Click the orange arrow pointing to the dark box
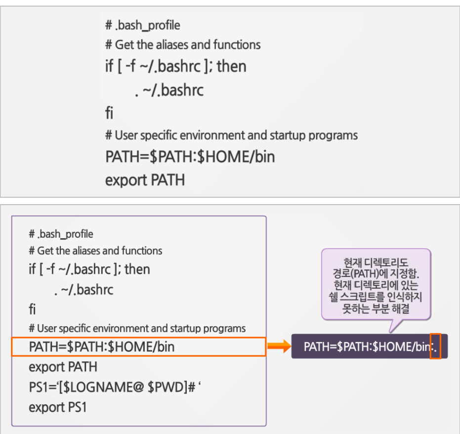(x=279, y=347)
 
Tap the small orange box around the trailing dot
(x=435, y=346)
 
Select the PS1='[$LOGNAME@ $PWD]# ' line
(x=115, y=387)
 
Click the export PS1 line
(x=58, y=407)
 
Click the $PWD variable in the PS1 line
(x=167, y=387)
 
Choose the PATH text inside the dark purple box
(x=366, y=347)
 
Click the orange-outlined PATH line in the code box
(x=101, y=347)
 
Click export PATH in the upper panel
(x=145, y=179)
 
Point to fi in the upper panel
(x=109, y=113)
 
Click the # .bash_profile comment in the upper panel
(x=143, y=25)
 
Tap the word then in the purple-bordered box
(x=137, y=269)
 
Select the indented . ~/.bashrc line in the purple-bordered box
(x=84, y=290)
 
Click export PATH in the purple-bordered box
(x=63, y=367)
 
